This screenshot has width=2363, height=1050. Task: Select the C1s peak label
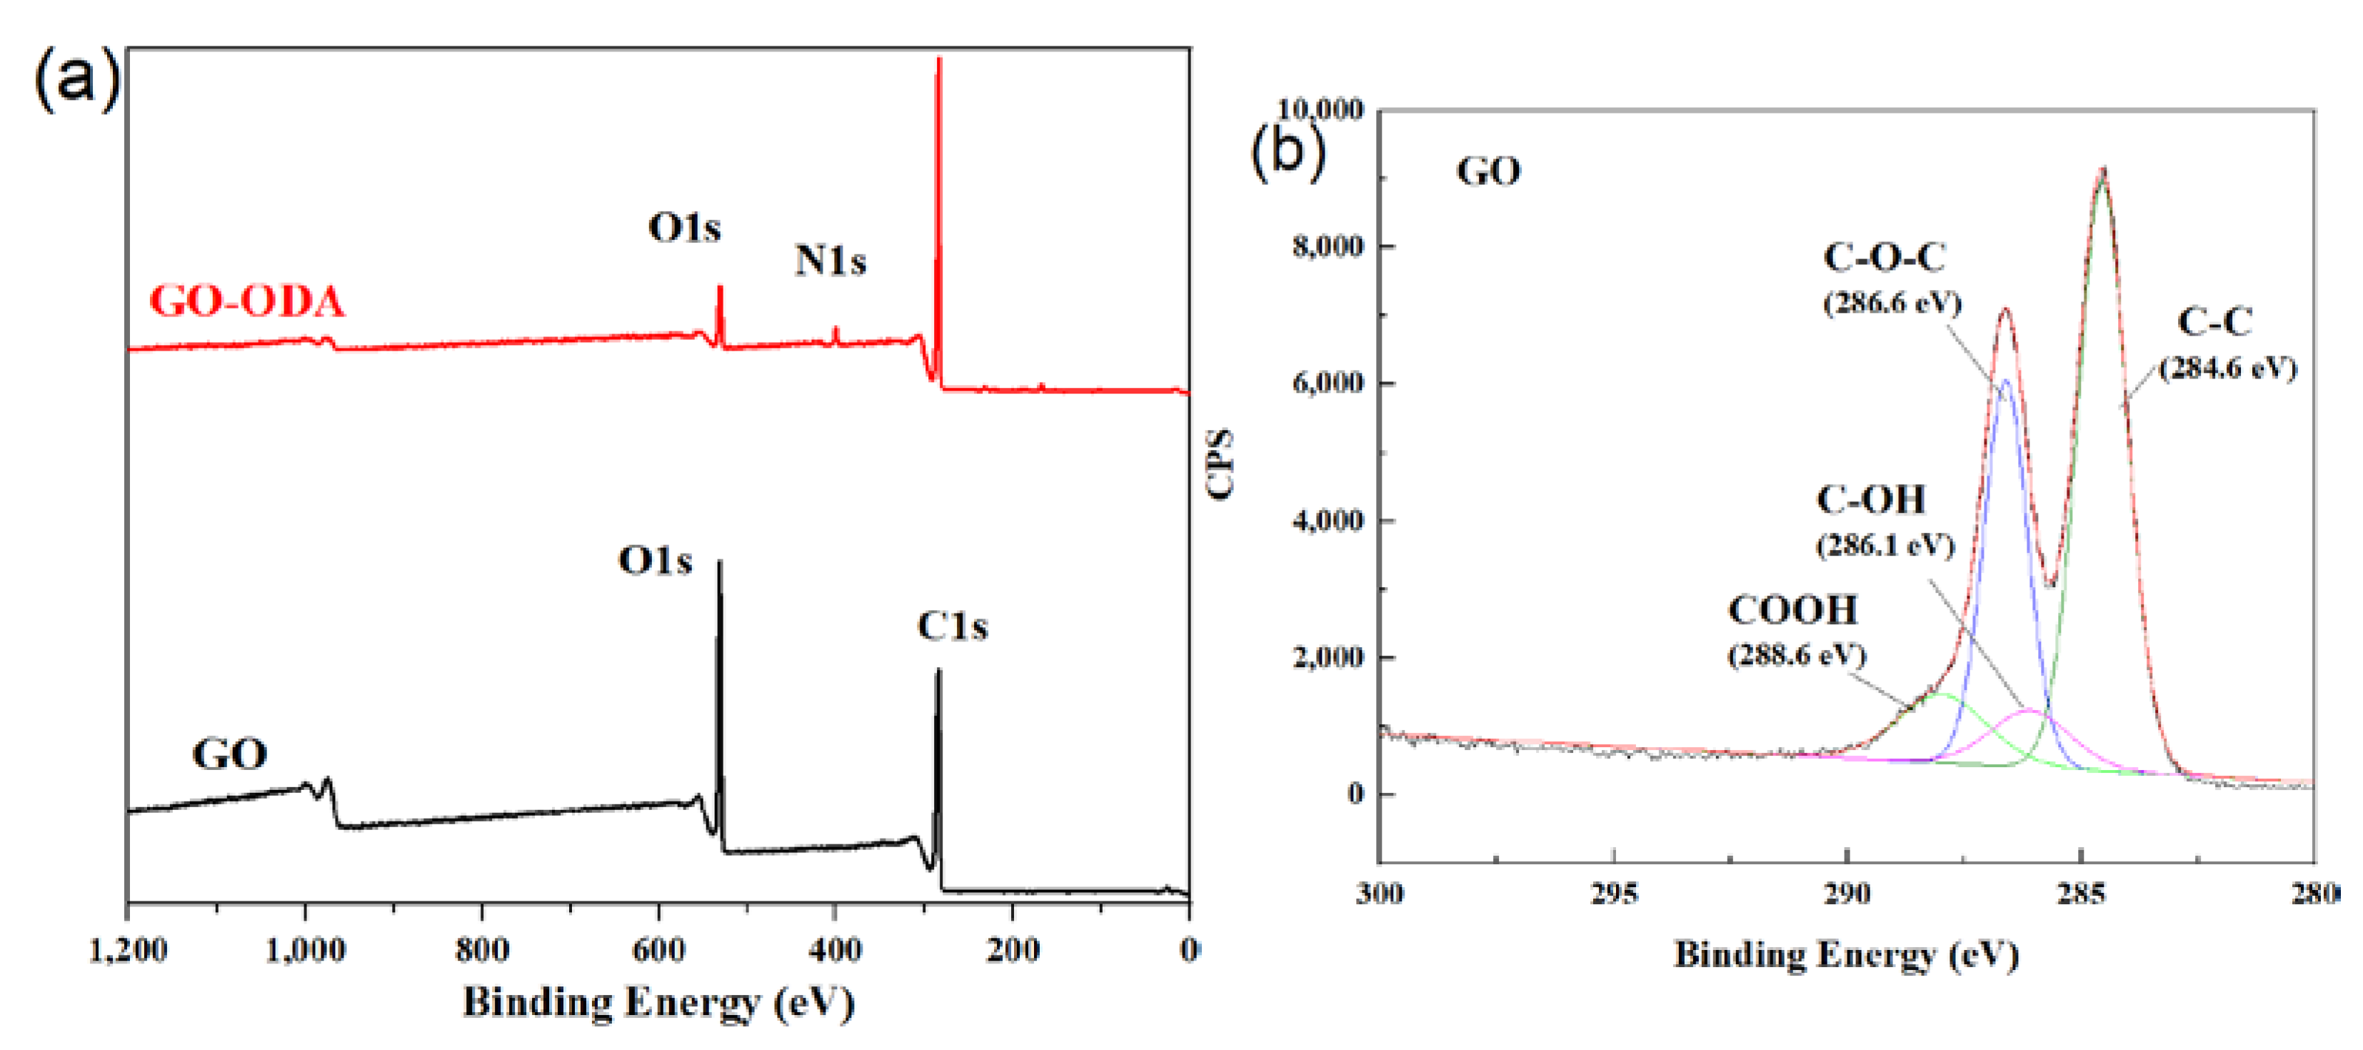click(951, 627)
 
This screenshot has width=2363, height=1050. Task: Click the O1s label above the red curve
click(684, 229)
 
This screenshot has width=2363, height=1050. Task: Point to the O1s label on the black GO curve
click(654, 561)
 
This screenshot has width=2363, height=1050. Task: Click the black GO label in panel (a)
click(229, 754)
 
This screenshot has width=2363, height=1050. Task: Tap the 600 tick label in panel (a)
click(658, 950)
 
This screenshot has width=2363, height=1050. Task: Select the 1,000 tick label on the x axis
click(306, 950)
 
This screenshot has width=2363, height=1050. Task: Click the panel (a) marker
click(76, 81)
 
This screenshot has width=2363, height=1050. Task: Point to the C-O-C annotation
click(1884, 258)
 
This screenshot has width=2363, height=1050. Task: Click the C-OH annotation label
click(1870, 500)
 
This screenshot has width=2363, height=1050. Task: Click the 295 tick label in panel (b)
click(1614, 893)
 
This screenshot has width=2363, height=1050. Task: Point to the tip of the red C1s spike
click(938, 61)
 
